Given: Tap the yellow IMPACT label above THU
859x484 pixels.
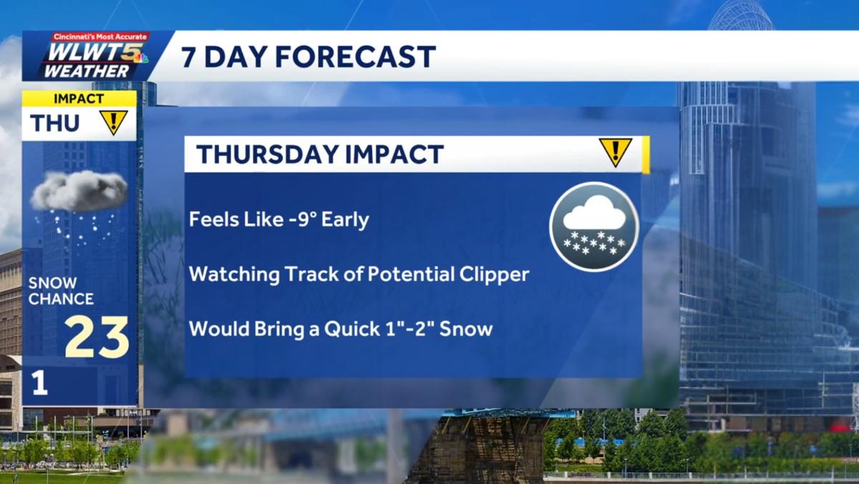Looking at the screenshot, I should pos(79,99).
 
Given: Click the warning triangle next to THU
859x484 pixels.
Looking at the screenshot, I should pos(113,122).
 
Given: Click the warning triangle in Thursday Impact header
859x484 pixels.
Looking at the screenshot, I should pos(615,153).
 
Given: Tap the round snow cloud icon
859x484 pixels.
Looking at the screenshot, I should pos(594,226).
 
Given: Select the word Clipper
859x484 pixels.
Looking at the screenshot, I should pos(495,274).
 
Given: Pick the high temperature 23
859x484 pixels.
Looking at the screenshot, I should pos(97,337).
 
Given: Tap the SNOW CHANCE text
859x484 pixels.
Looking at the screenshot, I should pos(61,291).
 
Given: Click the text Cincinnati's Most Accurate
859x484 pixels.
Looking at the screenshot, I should pos(100,37).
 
